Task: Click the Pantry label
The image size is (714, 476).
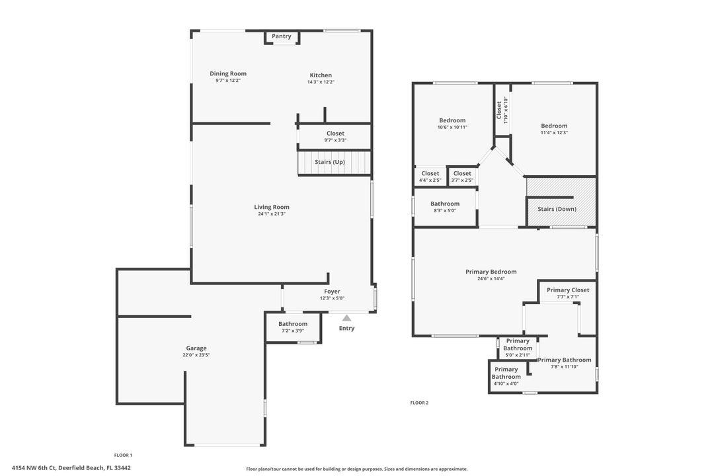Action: (x=282, y=36)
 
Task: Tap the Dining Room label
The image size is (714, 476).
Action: (x=228, y=74)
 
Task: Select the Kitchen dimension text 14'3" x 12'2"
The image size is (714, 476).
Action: (x=321, y=82)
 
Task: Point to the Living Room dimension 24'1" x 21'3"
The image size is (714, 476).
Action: (x=272, y=214)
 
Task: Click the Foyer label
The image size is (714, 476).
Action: (x=332, y=292)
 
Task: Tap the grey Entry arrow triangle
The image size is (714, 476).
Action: (x=346, y=318)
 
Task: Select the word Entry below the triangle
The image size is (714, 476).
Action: (x=346, y=329)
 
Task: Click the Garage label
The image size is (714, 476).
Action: (x=196, y=348)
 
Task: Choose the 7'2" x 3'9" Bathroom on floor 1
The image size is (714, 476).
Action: (x=293, y=327)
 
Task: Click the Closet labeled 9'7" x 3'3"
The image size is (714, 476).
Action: (x=335, y=137)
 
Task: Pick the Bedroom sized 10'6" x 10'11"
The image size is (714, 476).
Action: (x=452, y=124)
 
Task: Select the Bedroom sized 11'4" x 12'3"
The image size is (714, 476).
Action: (x=554, y=129)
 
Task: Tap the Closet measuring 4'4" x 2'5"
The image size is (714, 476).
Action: (x=430, y=177)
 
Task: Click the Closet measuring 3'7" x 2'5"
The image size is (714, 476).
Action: (x=462, y=177)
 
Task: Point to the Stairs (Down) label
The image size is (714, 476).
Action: (x=557, y=210)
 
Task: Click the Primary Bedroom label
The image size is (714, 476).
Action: (x=491, y=272)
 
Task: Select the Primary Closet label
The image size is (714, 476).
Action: (x=568, y=290)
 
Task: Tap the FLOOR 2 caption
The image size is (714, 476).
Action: (x=419, y=403)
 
